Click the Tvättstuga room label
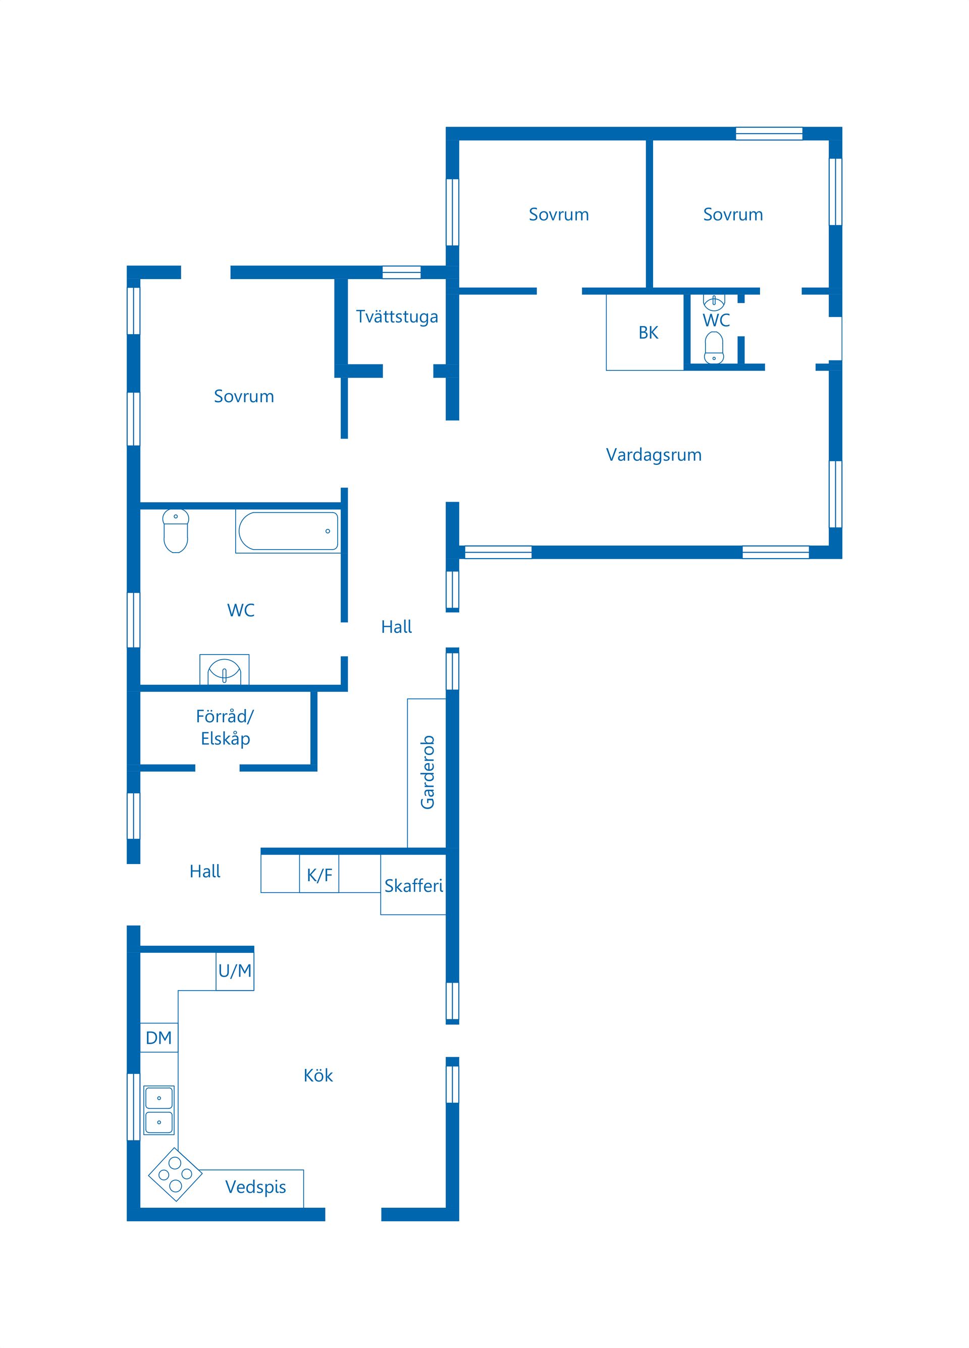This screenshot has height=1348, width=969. pyautogui.click(x=397, y=317)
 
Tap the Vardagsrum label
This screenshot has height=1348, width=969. pyautogui.click(x=654, y=455)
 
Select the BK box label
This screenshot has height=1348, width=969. pyautogui.click(x=648, y=333)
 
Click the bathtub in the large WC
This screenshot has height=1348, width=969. pyautogui.click(x=288, y=531)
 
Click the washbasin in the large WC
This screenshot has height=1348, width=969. pyautogui.click(x=224, y=670)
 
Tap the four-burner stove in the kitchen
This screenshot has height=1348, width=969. pyautogui.click(x=175, y=1174)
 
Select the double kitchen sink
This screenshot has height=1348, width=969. pyautogui.click(x=159, y=1110)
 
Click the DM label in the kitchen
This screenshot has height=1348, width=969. pyautogui.click(x=159, y=1038)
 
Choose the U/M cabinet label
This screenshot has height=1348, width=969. pyautogui.click(x=235, y=970)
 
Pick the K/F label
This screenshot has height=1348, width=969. pyautogui.click(x=319, y=875)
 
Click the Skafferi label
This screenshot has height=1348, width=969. pyautogui.click(x=414, y=886)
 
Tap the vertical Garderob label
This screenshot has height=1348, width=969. pyautogui.click(x=427, y=772)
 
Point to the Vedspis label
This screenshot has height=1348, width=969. pyautogui.click(x=256, y=1187)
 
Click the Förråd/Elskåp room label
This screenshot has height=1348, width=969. pyautogui.click(x=225, y=727)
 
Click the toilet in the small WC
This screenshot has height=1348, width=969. pyautogui.click(x=714, y=347)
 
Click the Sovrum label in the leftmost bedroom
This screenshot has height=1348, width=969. pyautogui.click(x=244, y=397)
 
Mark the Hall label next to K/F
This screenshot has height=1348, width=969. pyautogui.click(x=204, y=871)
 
